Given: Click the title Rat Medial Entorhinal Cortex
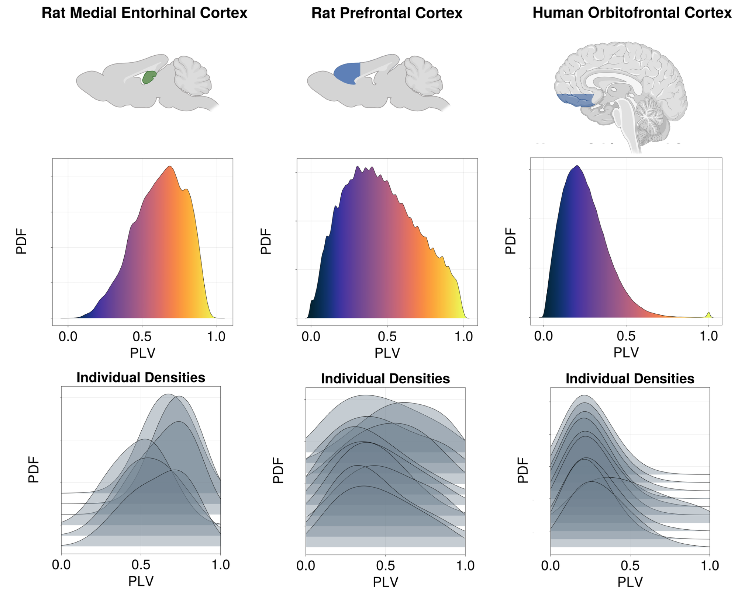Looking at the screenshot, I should pos(144,13).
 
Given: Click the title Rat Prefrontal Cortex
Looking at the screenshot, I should pos(387,14).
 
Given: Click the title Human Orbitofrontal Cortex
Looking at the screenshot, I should pos(632,13).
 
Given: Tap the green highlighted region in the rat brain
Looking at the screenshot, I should pos(149,77).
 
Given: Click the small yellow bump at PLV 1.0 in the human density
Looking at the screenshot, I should pos(708,314).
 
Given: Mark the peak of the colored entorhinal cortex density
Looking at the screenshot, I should pos(170,167).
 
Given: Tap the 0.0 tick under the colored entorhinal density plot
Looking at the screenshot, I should pos(68,337).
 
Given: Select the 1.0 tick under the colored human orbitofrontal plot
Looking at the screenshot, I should pos(709,336).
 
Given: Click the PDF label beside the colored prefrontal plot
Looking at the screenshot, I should pos(266,241).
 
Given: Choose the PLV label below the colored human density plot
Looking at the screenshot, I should pos(626,353).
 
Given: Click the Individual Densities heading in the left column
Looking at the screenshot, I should pos(141,377).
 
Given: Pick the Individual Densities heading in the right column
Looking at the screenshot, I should pos(630,379).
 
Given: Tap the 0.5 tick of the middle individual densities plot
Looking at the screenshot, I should pos(386,565).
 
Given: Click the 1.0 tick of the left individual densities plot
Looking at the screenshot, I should pos(221,565).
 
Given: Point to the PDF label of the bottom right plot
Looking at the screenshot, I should pos(523,470).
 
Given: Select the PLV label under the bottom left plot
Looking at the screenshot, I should pos(141,581).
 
